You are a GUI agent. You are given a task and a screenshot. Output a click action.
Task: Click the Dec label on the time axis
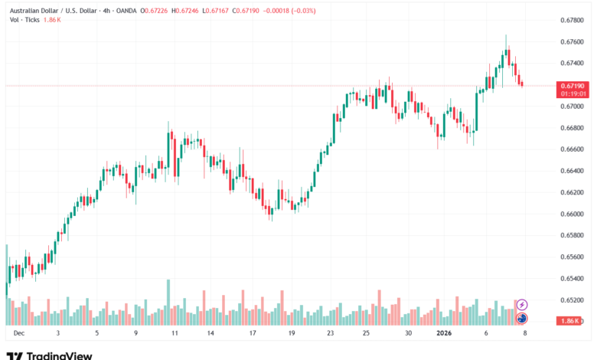18,334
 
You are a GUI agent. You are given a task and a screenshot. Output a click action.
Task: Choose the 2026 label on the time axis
446,334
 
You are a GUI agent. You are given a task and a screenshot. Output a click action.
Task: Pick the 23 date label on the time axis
329,334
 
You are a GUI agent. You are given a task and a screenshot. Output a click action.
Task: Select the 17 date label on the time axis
252,334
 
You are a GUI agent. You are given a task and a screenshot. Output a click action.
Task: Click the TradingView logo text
59,355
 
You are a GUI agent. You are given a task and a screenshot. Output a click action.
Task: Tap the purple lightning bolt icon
522,305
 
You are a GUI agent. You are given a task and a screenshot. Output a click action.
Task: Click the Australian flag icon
522,318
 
